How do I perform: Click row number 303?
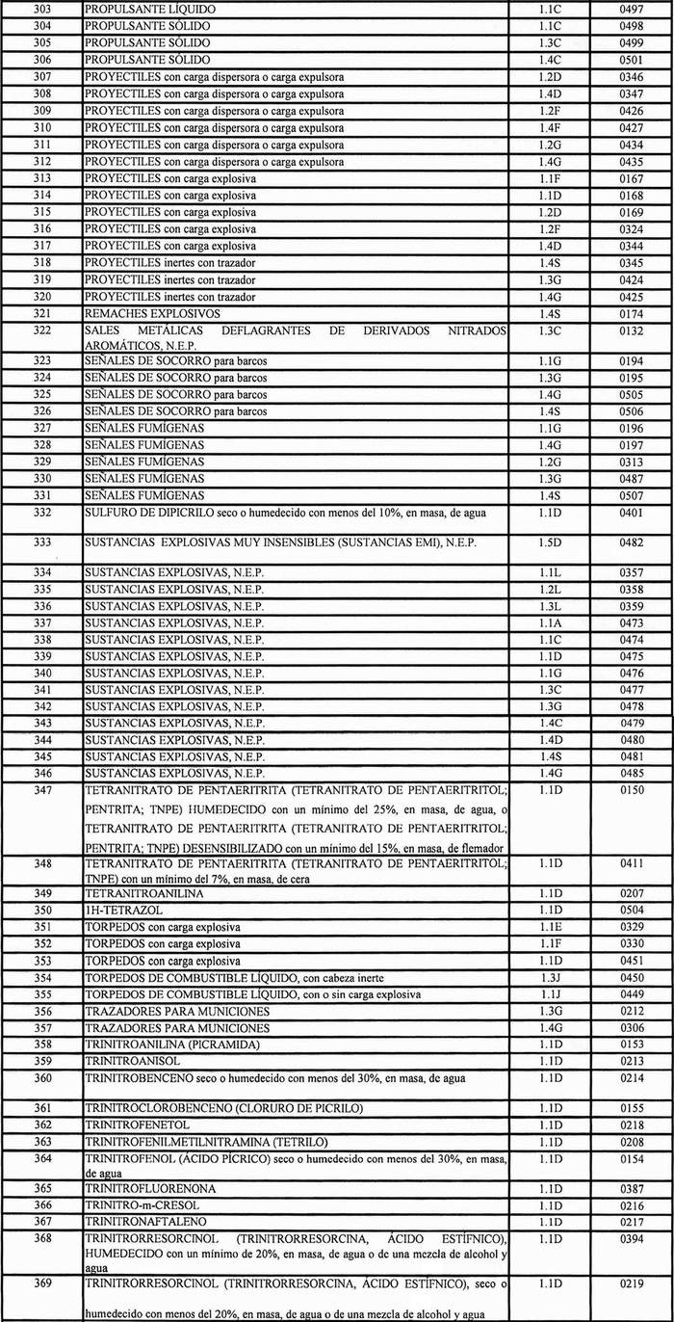point(41,9)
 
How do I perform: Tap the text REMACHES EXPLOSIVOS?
point(152,314)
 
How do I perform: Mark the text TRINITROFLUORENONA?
point(150,1189)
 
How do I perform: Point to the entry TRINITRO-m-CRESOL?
point(139,1205)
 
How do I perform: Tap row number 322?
point(41,330)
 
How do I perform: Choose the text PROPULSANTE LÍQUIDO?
point(150,9)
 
